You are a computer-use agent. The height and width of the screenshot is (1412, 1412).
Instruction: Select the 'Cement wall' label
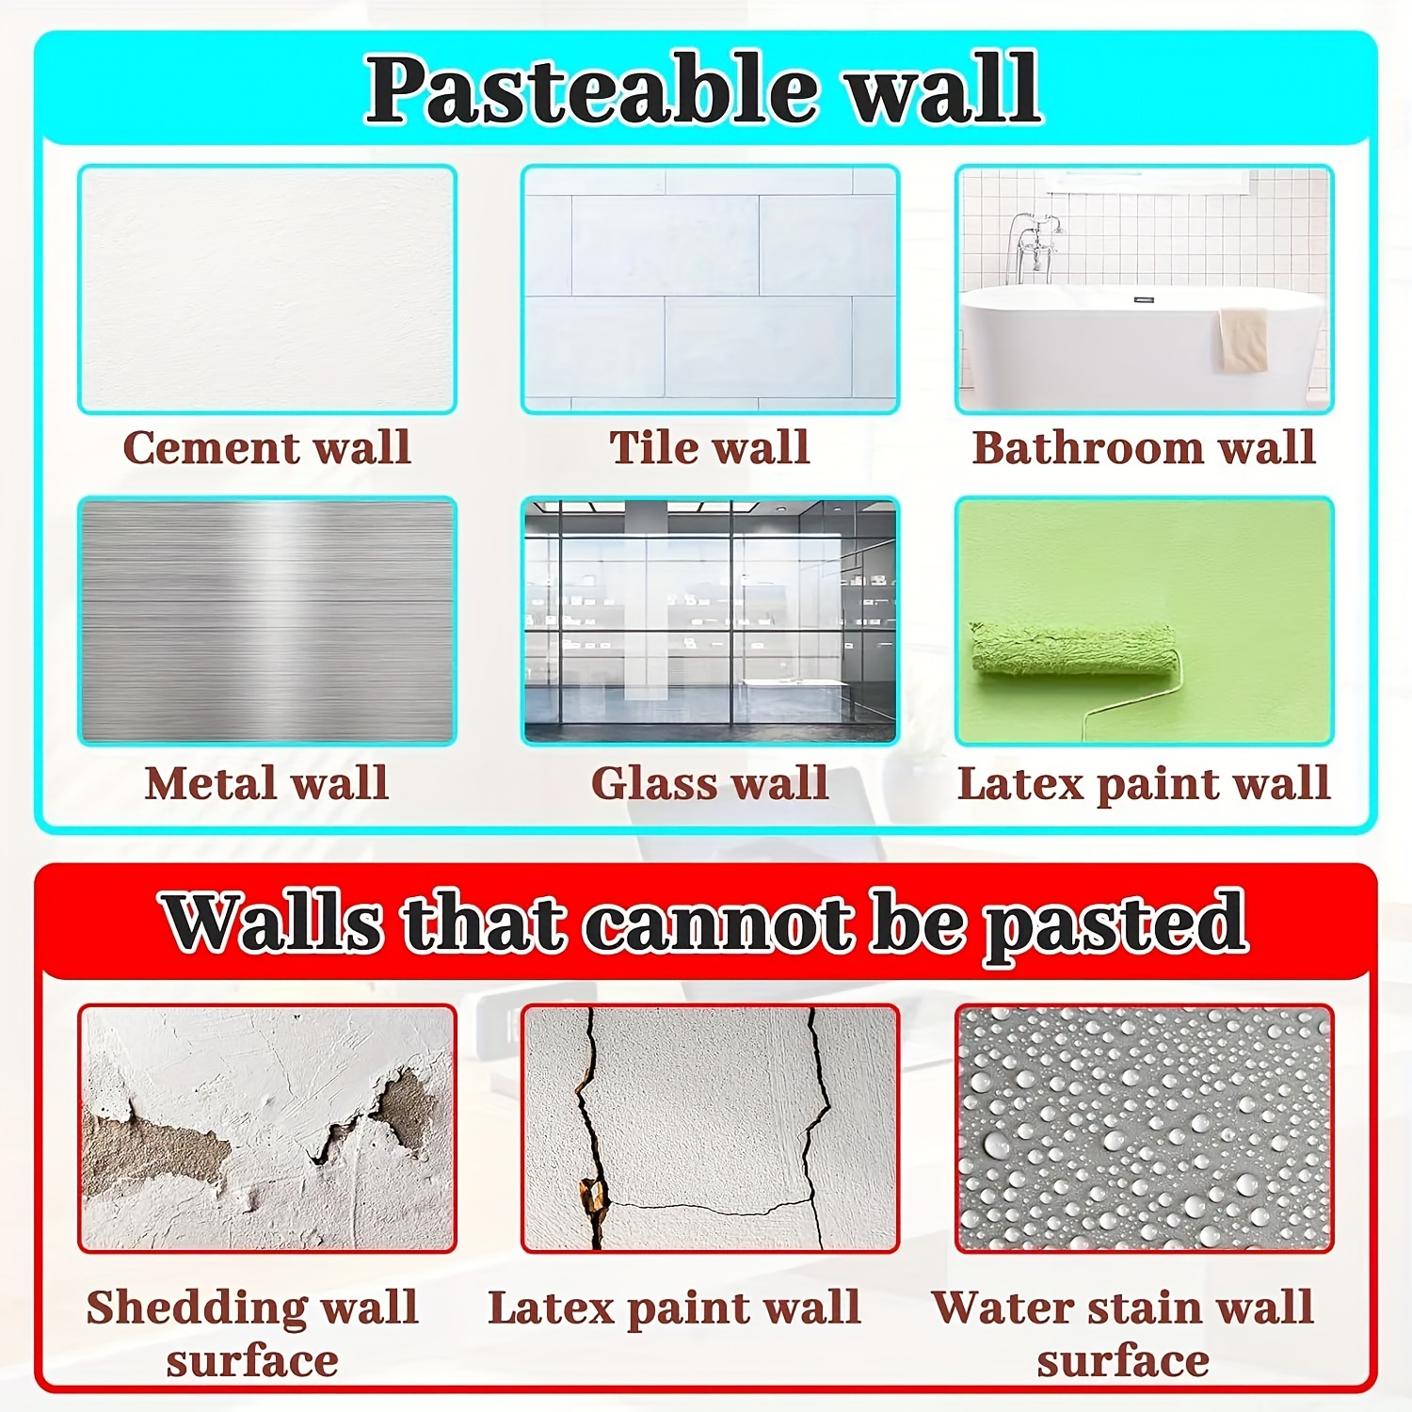click(267, 447)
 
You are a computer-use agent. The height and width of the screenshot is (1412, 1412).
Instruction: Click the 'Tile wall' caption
click(710, 447)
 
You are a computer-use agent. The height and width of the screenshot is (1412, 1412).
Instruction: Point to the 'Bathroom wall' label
click(1144, 447)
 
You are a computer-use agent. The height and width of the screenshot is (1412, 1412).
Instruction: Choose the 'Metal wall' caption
click(267, 783)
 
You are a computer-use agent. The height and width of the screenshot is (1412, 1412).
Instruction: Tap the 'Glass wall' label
click(710, 783)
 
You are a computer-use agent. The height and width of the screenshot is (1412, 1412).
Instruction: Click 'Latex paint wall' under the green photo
click(1144, 783)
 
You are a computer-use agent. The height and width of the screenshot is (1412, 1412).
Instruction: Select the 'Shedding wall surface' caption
click(252, 1333)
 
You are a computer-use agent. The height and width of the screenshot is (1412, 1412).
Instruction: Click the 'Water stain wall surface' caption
click(1123, 1333)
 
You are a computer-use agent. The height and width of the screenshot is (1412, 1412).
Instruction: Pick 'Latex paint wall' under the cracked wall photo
click(674, 1308)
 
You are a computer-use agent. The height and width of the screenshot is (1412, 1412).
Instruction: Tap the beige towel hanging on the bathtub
click(1243, 339)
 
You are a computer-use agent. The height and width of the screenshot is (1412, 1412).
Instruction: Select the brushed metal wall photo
click(267, 621)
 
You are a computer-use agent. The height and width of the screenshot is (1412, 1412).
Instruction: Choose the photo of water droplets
click(1144, 1128)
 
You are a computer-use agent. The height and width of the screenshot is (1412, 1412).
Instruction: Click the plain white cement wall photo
click(267, 289)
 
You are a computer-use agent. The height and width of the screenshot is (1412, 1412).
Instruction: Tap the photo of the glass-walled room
click(710, 621)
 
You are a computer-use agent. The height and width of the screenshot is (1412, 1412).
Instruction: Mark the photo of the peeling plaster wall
click(267, 1128)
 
